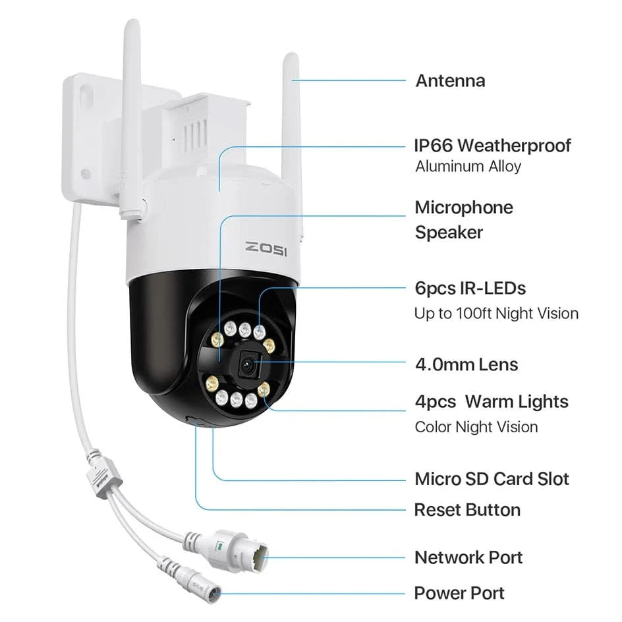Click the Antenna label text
(x=450, y=81)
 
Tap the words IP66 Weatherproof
(x=492, y=145)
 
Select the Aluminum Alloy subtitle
(x=468, y=167)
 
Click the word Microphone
(x=463, y=208)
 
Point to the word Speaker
(x=449, y=232)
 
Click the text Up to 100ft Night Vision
(x=496, y=313)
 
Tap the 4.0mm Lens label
(x=466, y=364)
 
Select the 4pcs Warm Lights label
(x=492, y=401)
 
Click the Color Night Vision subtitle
(x=476, y=427)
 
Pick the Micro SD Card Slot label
(x=492, y=479)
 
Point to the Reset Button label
(x=467, y=509)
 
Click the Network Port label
(x=468, y=557)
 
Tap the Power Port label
(x=459, y=593)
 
